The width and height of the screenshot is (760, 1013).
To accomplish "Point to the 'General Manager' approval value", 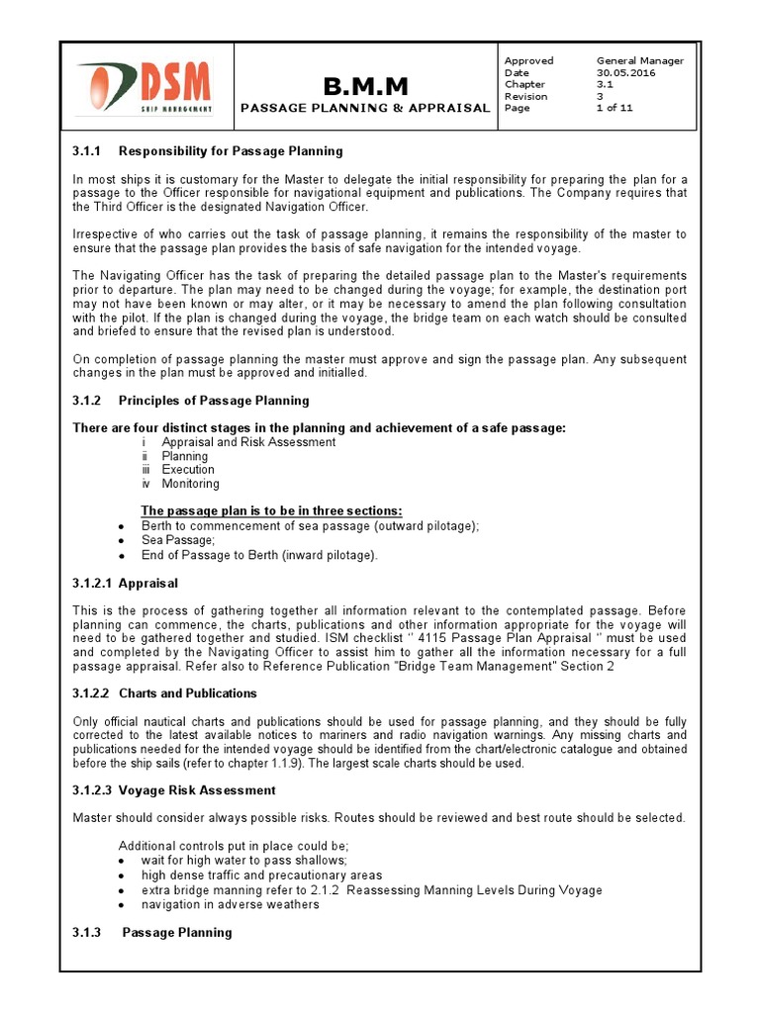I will pos(639,61).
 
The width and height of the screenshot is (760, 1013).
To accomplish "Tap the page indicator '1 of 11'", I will pos(614,109).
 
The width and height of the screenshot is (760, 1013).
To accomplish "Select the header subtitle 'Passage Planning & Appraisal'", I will pos(365,108).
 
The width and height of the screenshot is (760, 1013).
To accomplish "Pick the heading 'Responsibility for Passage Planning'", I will pos(231,151).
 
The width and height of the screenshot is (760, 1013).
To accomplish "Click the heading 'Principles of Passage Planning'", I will pos(214,401).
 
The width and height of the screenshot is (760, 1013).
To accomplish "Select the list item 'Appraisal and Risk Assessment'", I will pos(248,442).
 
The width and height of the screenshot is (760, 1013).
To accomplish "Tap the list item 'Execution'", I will pos(188,470).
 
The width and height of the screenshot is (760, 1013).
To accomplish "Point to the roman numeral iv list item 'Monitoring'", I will pos(191,484).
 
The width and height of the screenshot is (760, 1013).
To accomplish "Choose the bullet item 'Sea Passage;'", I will pos(178,541).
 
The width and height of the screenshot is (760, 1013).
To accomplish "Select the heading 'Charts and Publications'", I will pos(188,693).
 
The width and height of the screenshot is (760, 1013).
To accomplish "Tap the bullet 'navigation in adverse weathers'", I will pos(230,904).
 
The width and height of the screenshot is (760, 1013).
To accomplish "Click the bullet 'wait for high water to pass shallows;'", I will pos(243,861).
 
